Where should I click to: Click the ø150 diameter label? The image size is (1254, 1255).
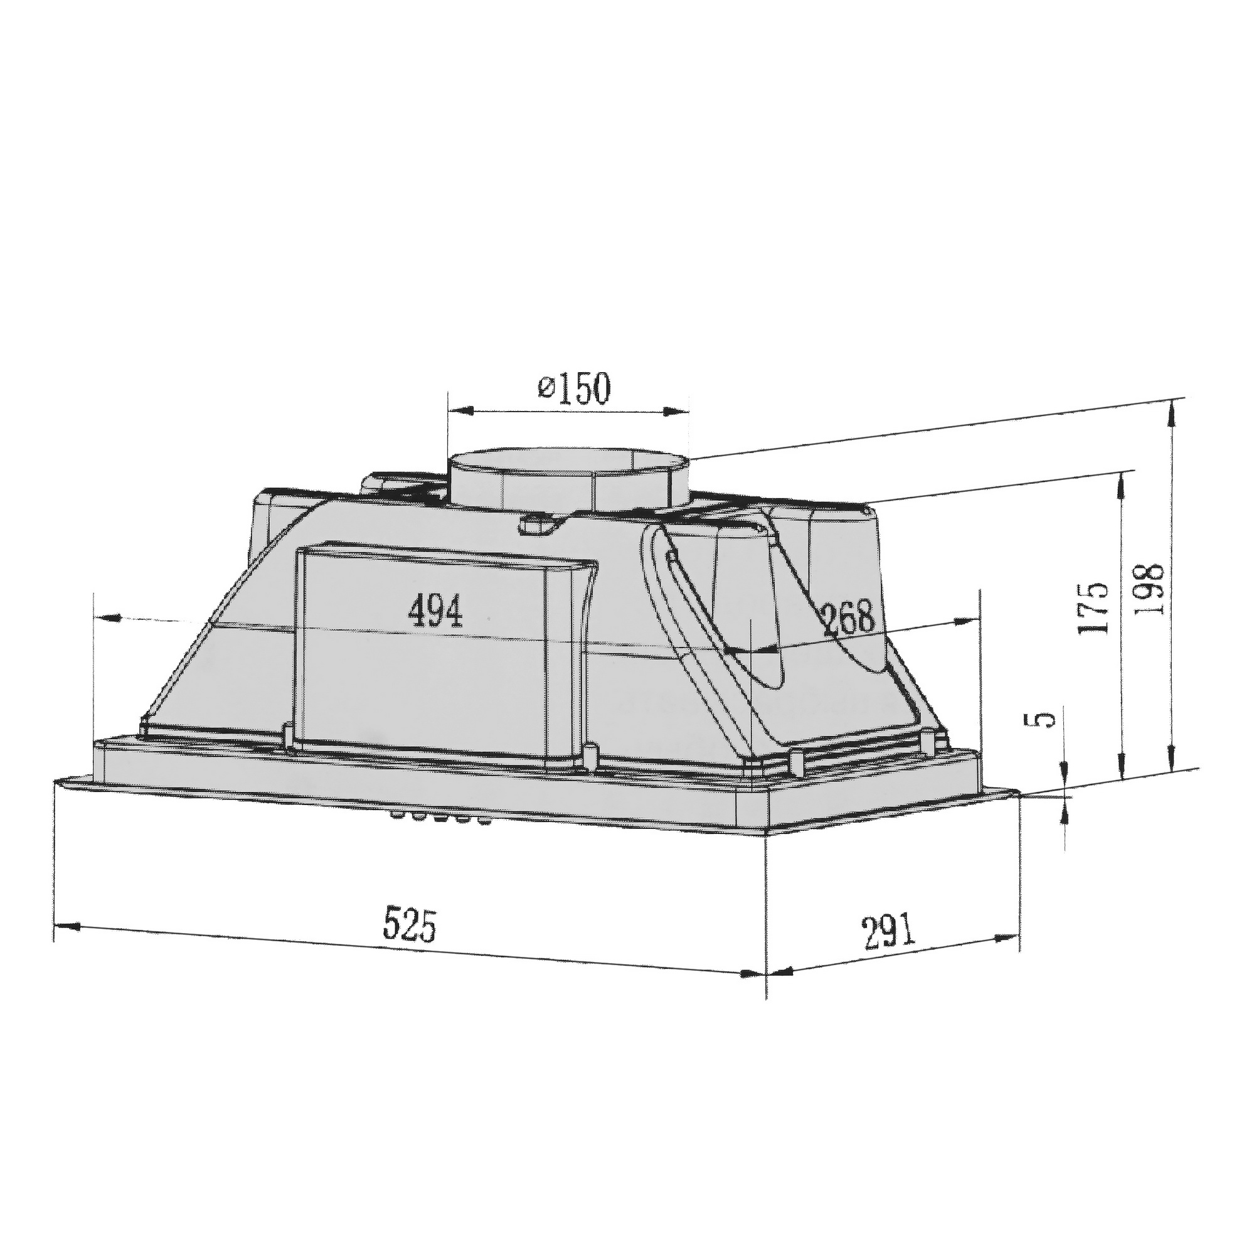[x=575, y=389]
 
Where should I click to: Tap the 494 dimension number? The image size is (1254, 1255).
[x=435, y=612]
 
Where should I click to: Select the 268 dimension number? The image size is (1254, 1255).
[x=848, y=620]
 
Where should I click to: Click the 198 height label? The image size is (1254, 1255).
[x=1149, y=590]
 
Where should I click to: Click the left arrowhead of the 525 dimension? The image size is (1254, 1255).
[x=65, y=926]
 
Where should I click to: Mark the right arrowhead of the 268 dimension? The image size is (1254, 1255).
[x=965, y=622]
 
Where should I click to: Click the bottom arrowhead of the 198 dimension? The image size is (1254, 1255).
[x=1172, y=764]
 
